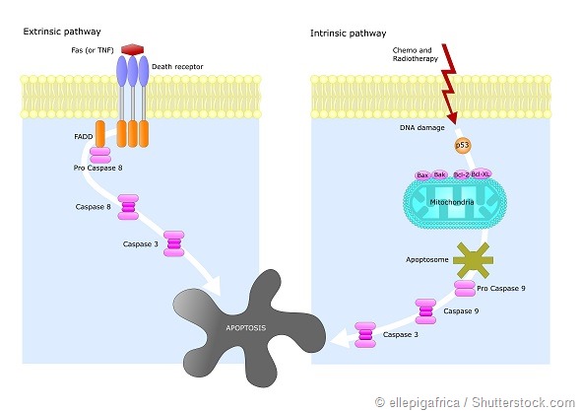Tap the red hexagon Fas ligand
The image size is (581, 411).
135,49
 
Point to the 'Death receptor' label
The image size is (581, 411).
175,68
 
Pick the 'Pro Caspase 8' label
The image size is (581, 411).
98,171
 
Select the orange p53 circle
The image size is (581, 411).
462,146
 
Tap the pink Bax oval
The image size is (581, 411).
423,174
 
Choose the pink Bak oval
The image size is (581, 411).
440,174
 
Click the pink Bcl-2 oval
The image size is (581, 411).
459,174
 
